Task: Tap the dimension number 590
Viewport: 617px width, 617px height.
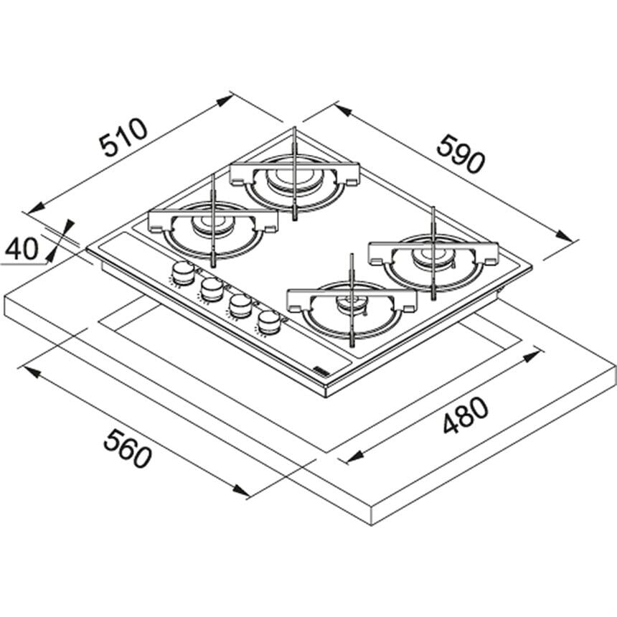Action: pyautogui.click(x=460, y=154)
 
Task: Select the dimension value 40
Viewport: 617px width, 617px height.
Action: pyautogui.click(x=22, y=249)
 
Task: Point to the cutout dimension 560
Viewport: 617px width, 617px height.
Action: pyautogui.click(x=127, y=448)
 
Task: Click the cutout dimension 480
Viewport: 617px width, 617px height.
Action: pyautogui.click(x=466, y=415)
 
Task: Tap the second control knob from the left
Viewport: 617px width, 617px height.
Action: pyautogui.click(x=212, y=289)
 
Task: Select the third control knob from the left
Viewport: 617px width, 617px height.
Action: pyautogui.click(x=240, y=306)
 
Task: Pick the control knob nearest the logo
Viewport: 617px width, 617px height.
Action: pyautogui.click(x=269, y=322)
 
